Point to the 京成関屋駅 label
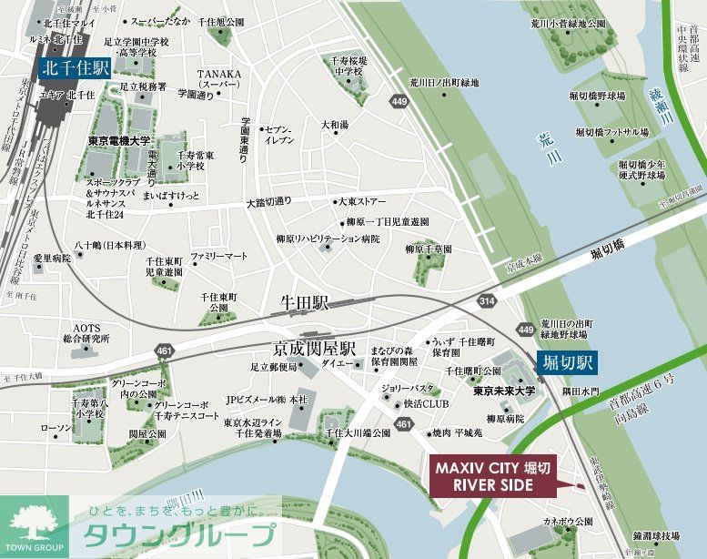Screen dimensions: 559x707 pos(315,349)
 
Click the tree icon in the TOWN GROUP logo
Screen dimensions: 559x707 pos(35,523)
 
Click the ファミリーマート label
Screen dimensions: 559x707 pos(218,257)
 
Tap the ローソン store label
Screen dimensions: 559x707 pos(57,428)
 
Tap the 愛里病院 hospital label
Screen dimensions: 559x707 pos(52,259)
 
